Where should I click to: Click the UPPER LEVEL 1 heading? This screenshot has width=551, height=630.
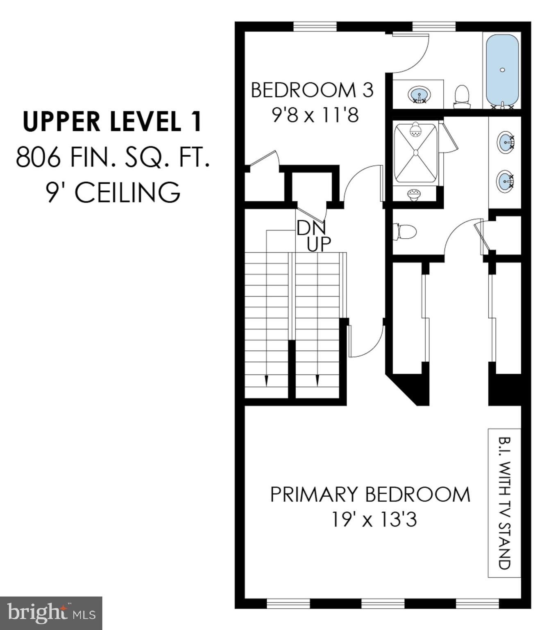[112, 122]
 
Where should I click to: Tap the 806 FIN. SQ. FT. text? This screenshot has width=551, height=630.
[113, 157]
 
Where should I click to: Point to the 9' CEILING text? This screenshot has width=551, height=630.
[113, 192]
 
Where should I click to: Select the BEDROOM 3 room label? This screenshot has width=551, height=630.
[312, 90]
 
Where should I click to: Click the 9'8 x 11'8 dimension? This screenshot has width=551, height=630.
[315, 115]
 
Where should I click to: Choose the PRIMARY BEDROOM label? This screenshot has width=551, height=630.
[370, 494]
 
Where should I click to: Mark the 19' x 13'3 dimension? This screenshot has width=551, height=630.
[374, 520]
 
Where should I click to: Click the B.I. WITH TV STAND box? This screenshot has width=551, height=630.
[504, 503]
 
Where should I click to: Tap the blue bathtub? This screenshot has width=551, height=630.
[502, 71]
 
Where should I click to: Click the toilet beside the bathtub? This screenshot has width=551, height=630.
[462, 96]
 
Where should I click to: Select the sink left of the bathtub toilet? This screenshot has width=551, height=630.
[419, 95]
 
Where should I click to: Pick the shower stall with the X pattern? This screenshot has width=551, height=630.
[415, 153]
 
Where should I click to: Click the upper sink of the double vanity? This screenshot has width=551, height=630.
[506, 142]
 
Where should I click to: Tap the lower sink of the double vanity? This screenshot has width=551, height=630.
[505, 181]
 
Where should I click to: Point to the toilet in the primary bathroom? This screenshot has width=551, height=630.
[404, 232]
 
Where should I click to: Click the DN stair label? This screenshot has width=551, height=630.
[311, 228]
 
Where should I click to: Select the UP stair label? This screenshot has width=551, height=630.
[319, 244]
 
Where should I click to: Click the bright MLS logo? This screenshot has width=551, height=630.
[51, 613]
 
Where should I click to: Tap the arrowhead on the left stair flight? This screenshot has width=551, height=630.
[267, 381]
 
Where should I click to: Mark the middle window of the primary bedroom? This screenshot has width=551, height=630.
[383, 603]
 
